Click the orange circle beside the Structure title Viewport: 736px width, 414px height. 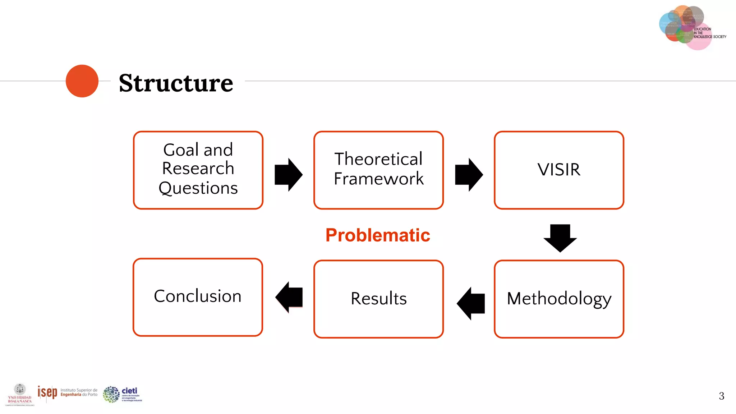82,81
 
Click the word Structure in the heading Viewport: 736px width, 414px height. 176,83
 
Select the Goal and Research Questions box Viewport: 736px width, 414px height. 198,170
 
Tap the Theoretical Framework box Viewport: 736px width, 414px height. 378,170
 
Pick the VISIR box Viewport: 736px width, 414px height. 559,170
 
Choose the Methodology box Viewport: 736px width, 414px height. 559,299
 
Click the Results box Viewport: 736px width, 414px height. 378,299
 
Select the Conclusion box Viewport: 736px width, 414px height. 198,297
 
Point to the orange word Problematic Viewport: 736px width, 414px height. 378,235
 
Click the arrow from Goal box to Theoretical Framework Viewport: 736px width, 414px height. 288,175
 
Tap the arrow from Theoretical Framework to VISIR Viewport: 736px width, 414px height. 469,175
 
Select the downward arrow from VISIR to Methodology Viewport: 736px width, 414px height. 560,238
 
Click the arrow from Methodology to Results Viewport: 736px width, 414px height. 471,303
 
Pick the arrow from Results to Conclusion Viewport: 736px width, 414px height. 289,297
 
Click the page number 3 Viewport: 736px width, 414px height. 721,396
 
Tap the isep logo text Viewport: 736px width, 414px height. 47,392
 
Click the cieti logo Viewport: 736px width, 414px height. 122,394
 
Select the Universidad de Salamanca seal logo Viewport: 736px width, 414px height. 20,394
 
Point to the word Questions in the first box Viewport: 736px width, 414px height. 198,188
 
